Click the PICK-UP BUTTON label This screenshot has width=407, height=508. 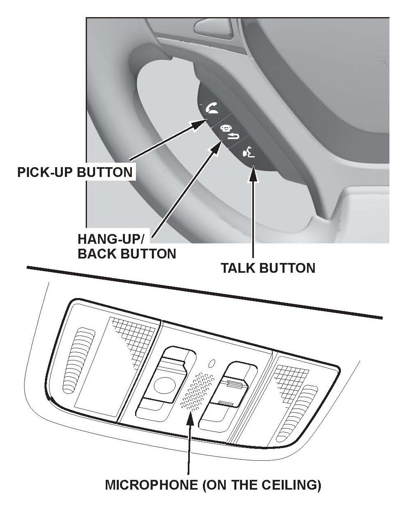(x=75, y=172)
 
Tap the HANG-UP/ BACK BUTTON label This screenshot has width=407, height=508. (x=127, y=247)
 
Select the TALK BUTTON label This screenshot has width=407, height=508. (x=267, y=268)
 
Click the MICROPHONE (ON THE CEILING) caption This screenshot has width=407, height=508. (x=213, y=485)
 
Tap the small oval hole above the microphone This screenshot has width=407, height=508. (x=211, y=362)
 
